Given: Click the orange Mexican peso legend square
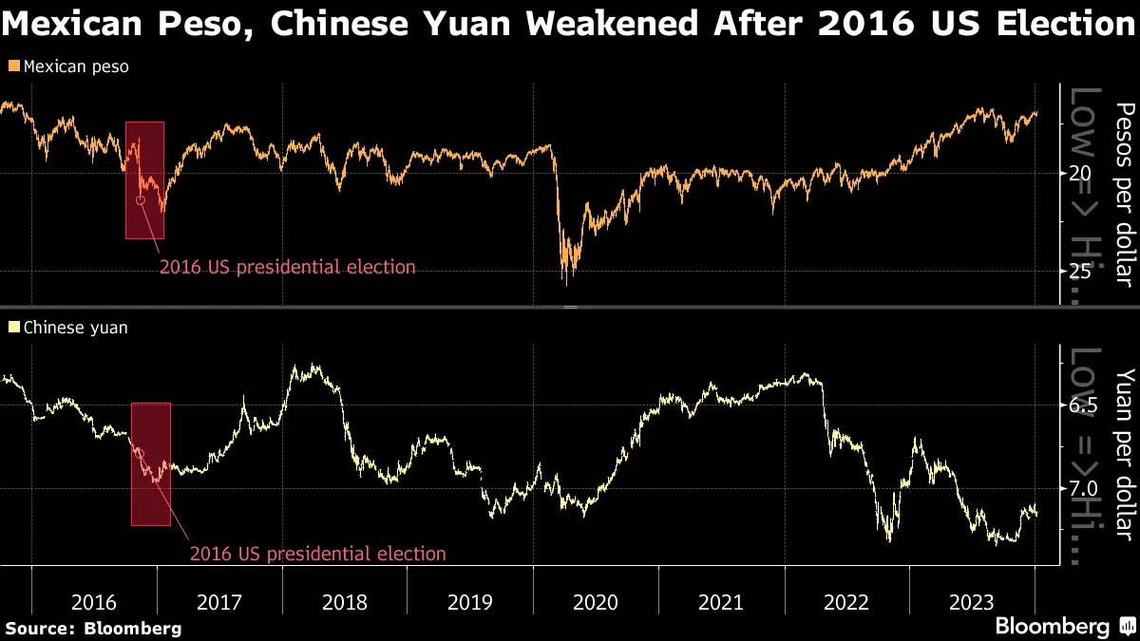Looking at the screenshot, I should [12, 67].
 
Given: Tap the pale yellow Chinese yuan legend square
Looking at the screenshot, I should [12, 328].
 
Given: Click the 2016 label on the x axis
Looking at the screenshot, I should [94, 602].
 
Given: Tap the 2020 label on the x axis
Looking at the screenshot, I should [596, 602].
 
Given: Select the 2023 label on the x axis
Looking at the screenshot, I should [972, 602].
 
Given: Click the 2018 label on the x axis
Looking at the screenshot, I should [345, 602].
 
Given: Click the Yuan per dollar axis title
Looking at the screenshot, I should [1124, 455].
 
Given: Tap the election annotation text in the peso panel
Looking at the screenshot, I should [287, 267].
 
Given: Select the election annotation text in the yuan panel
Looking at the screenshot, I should [317, 553].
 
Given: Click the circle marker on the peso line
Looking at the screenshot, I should [141, 200].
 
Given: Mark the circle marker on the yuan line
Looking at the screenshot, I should [141, 453].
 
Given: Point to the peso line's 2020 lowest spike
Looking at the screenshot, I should [567, 283].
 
